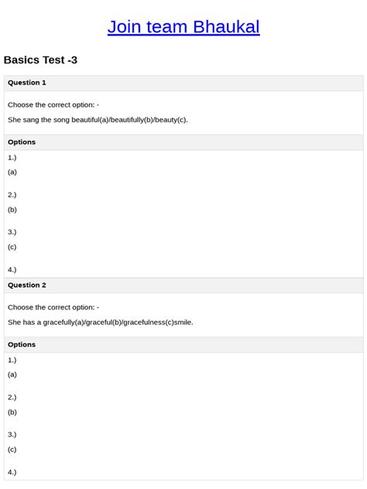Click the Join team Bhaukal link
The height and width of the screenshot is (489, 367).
pyautogui.click(x=183, y=27)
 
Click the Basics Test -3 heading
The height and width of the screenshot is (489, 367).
pyautogui.click(x=40, y=60)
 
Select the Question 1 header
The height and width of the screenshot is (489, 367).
pyautogui.click(x=27, y=83)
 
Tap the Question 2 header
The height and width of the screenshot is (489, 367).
pyautogui.click(x=27, y=286)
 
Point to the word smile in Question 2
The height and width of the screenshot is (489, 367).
pyautogui.click(x=183, y=322)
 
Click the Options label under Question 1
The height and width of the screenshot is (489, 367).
pyautogui.click(x=22, y=142)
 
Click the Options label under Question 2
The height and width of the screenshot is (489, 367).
pyautogui.click(x=22, y=345)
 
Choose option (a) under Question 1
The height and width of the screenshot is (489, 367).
pyautogui.click(x=12, y=173)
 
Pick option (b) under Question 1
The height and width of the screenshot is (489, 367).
pyautogui.click(x=12, y=210)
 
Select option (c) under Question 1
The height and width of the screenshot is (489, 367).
pyautogui.click(x=12, y=247)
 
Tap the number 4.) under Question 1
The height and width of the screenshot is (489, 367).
pyautogui.click(x=12, y=270)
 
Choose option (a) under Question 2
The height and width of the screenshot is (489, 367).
pyautogui.click(x=12, y=374)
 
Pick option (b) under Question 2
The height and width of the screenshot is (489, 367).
pyautogui.click(x=12, y=412)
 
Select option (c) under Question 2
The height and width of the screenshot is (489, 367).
pyautogui.click(x=12, y=450)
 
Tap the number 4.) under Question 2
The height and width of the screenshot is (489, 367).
pyautogui.click(x=12, y=472)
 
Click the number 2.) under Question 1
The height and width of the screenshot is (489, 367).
pyautogui.click(x=12, y=195)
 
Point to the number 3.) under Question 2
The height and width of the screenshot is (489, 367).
pyautogui.click(x=12, y=435)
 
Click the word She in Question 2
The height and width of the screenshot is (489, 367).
pyautogui.click(x=15, y=322)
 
